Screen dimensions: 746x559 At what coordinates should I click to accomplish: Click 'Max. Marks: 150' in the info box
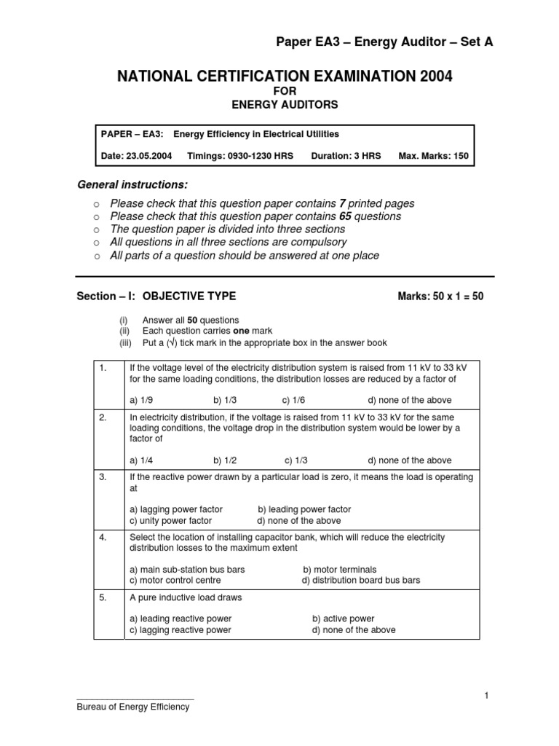[434, 156]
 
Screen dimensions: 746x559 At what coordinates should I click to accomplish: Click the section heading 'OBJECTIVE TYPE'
[189, 297]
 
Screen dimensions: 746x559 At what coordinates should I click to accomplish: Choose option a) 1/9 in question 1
[141, 400]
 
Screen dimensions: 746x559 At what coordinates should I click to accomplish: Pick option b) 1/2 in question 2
[225, 460]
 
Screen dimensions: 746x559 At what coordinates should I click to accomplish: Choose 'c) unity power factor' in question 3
[170, 521]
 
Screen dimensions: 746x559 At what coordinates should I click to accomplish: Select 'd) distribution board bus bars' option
[361, 581]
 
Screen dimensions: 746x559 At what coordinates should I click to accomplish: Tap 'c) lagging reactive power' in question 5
[180, 629]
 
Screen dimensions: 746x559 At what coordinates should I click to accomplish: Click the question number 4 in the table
[103, 538]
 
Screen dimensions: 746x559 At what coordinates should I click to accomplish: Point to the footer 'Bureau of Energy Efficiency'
[133, 707]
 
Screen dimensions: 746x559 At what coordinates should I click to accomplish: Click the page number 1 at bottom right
[485, 696]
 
